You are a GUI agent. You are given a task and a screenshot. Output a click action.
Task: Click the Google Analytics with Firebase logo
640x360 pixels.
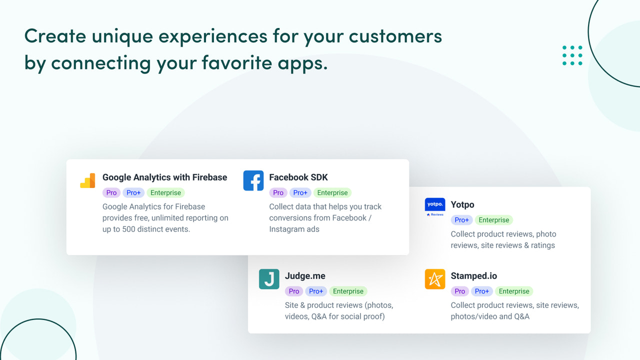click(87, 180)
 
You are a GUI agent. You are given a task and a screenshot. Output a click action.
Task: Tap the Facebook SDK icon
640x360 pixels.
click(253, 180)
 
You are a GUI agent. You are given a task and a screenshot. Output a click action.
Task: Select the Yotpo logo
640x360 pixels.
click(434, 207)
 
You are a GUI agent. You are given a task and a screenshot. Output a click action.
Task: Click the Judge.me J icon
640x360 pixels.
click(269, 279)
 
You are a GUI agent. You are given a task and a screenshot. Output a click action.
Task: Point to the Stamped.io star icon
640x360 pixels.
click(434, 279)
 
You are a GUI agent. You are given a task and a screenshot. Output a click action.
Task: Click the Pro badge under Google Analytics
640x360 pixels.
click(111, 192)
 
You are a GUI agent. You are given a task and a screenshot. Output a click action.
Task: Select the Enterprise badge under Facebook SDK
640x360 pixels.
click(332, 192)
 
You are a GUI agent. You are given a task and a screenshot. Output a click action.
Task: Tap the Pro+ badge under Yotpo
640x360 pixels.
click(461, 220)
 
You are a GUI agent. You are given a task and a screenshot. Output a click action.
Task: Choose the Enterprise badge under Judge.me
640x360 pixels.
click(348, 291)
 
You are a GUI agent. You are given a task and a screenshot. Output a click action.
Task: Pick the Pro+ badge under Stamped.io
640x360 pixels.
click(482, 291)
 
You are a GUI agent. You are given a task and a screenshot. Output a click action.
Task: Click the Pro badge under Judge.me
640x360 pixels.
click(294, 291)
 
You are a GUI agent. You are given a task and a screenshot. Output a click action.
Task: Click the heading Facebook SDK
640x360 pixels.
click(298, 177)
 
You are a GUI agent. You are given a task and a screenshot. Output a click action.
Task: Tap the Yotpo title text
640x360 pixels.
click(462, 204)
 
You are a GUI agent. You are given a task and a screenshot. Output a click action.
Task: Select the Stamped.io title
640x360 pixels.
click(473, 275)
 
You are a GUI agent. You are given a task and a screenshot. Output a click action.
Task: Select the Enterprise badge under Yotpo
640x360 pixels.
click(493, 220)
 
